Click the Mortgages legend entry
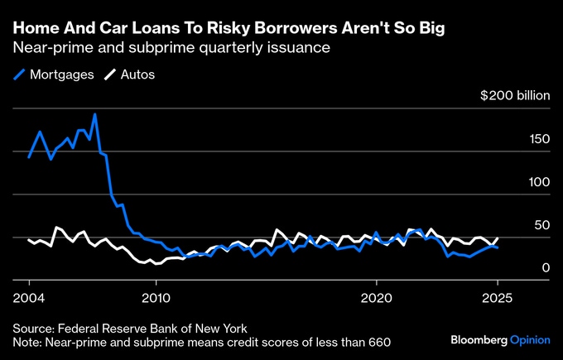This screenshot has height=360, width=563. click(x=60, y=74)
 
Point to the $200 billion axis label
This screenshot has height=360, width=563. click(x=515, y=95)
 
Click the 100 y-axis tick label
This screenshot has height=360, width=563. click(x=539, y=181)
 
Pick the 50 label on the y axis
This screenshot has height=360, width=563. click(x=542, y=224)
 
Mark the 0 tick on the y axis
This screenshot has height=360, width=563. click(x=546, y=267)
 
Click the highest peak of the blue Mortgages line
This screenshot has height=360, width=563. click(x=95, y=114)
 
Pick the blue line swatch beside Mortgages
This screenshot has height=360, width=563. click(x=20, y=74)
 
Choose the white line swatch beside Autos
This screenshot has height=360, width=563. click(x=109, y=74)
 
